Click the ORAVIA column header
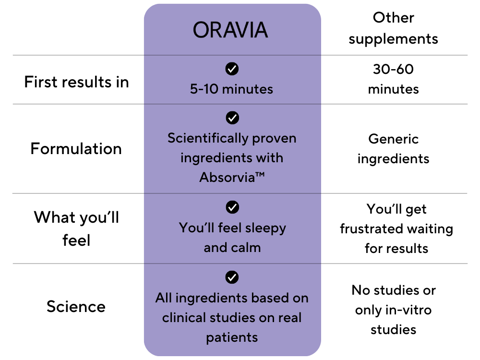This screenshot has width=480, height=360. tap(230, 30)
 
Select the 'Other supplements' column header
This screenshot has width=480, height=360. tap(394, 28)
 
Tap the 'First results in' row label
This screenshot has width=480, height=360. tap(76, 82)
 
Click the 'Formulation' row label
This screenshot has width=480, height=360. tap(76, 149)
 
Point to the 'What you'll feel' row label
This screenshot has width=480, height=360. tap(76, 228)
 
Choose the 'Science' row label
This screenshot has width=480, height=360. tap(76, 307)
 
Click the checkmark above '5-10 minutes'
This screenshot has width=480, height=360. tap(232, 69)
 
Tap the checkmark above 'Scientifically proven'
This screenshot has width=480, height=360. tap(232, 118)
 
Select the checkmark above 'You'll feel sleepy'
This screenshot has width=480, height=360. tap(232, 207)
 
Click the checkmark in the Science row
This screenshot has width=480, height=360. tap(232, 277)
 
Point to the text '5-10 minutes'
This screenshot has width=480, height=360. tap(231, 89)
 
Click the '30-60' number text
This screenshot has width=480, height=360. tap(394, 69)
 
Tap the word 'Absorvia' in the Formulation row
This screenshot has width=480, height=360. tap(227, 177)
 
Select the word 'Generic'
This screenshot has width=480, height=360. tap(394, 139)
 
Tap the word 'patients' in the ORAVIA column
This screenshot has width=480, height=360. tap(232, 337)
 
